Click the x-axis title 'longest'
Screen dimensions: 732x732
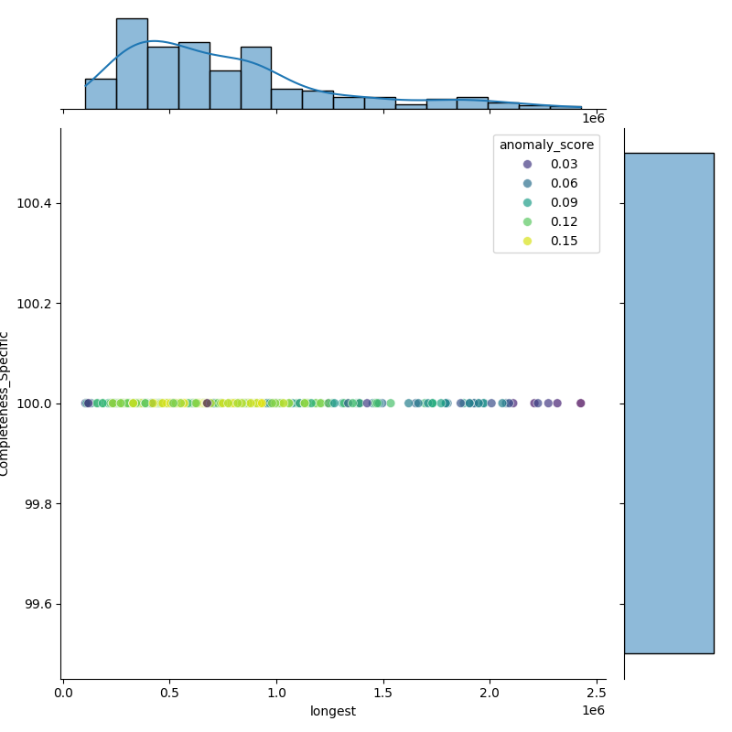click(x=332, y=711)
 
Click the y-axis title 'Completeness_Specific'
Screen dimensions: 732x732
click(x=5, y=404)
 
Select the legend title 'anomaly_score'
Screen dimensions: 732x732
click(x=546, y=145)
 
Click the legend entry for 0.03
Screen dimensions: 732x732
click(x=558, y=164)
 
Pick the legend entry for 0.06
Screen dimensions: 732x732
click(x=558, y=183)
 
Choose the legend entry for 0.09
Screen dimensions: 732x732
click(x=558, y=202)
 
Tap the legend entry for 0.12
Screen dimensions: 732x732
click(x=558, y=221)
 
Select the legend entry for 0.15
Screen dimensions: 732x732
click(x=558, y=241)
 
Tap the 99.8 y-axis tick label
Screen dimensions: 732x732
click(x=38, y=504)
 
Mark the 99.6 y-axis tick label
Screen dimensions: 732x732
click(x=38, y=604)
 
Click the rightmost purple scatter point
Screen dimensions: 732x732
click(x=580, y=403)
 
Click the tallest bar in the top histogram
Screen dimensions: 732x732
click(x=132, y=64)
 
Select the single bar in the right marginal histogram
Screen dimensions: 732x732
click(x=668, y=403)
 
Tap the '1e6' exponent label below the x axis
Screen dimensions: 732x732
click(x=593, y=711)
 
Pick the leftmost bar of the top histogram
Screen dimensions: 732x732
click(x=101, y=94)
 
